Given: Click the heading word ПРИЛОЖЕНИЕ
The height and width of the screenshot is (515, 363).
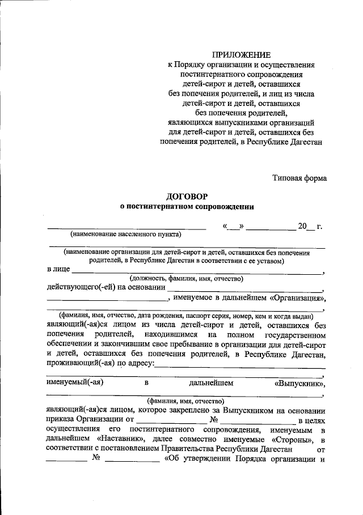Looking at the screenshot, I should click(242, 56).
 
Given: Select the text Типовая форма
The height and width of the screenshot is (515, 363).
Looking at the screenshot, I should click(299, 178).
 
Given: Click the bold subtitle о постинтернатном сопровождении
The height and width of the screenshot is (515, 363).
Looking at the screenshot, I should click(187, 207).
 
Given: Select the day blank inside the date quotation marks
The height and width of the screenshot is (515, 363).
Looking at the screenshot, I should click(233, 227).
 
